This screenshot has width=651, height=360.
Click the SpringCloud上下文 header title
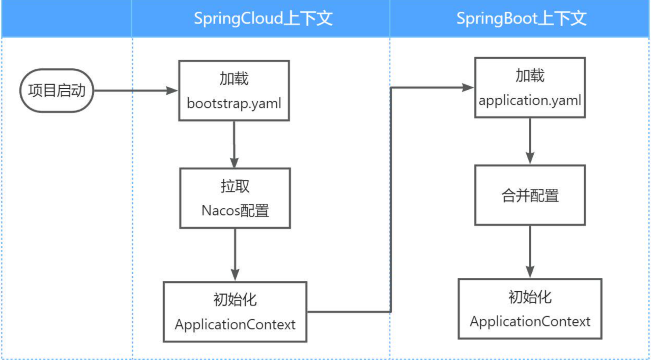pos(263,18)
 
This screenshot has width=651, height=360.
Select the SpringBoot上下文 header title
pos(521,18)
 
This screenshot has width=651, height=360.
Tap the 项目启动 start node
pos(57,90)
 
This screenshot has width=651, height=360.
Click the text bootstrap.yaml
pos(234,104)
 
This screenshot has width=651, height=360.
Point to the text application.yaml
pos(530,100)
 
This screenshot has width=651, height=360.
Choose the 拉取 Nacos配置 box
pos(235,198)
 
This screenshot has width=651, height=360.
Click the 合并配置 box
pos(530,195)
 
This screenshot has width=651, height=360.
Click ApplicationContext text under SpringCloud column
pos(235,324)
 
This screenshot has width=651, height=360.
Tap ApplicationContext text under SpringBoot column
pos(530,321)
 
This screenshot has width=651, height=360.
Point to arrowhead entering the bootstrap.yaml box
pos(172,90)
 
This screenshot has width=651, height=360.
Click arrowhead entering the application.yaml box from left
pos(468,87)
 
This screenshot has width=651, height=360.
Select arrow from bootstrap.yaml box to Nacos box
pos(234,144)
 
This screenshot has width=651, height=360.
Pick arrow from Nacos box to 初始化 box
pos(235,255)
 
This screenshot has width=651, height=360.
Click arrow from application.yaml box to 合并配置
pos(530,141)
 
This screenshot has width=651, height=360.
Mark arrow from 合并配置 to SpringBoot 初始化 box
pos(530,252)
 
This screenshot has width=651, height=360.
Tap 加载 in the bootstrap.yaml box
pos(234,79)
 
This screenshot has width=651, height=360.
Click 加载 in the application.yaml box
pos(530,76)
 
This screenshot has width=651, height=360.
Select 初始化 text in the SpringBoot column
pos(530,297)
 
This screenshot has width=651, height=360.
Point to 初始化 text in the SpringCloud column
pos(235,300)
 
